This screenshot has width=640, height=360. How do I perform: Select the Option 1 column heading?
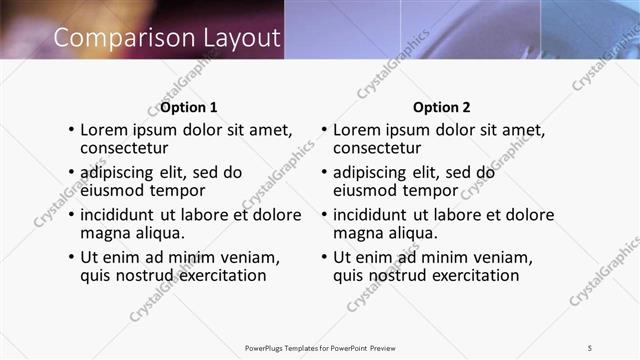tap(189, 107)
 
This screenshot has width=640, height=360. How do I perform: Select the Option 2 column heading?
tap(441, 107)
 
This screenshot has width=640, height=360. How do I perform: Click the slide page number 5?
tap(590, 347)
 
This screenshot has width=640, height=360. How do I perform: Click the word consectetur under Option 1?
tap(127, 148)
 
